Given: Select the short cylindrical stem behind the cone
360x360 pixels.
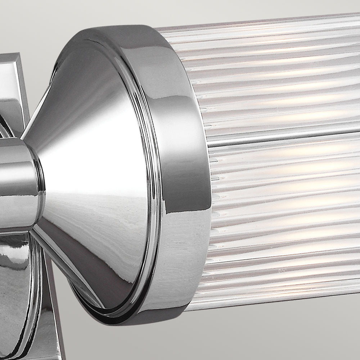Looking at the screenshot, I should point(18,184).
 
